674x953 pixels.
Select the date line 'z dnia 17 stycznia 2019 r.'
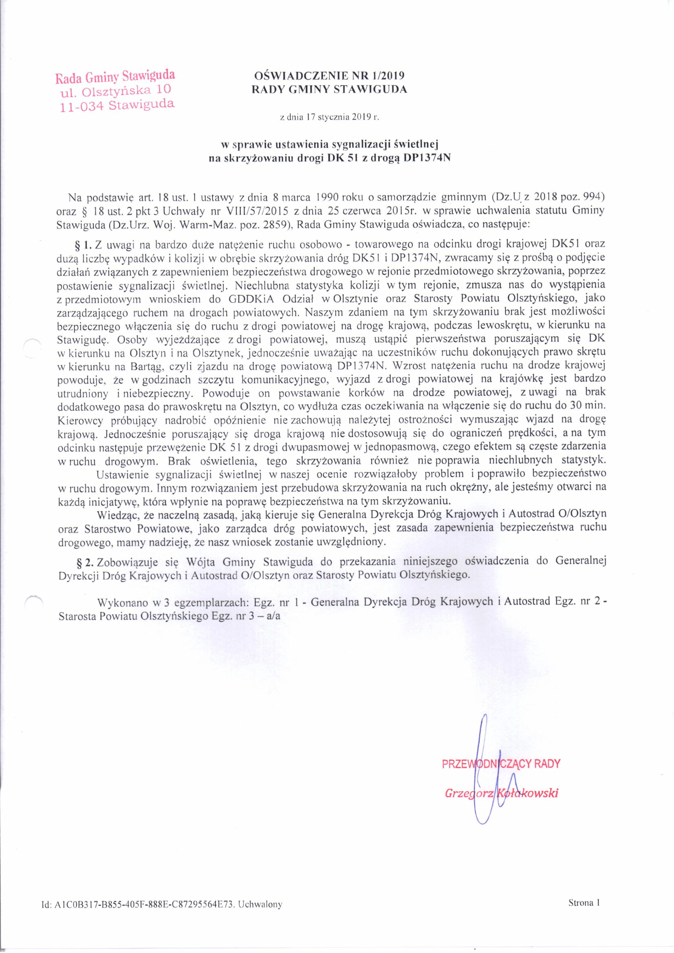330,117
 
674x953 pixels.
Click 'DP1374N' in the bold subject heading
426,158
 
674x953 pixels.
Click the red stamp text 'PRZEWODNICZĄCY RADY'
501,763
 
